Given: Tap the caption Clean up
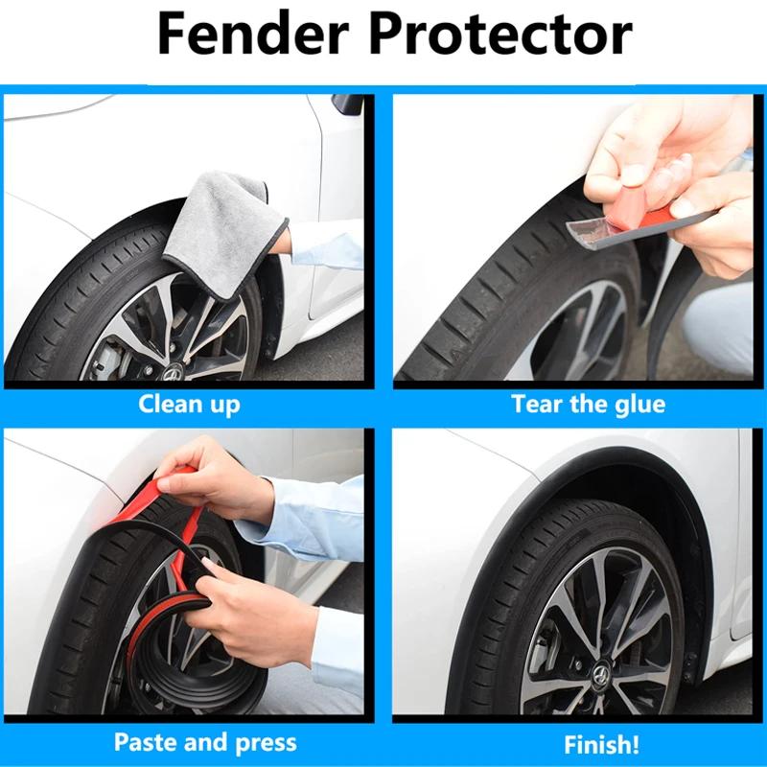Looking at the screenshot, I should [x=189, y=403].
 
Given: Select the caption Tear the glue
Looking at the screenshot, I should [x=588, y=404].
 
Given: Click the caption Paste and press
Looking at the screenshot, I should [x=205, y=741].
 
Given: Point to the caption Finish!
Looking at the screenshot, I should [x=601, y=743].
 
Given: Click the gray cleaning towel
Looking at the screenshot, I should [x=222, y=221].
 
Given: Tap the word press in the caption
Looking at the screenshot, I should [x=266, y=742].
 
